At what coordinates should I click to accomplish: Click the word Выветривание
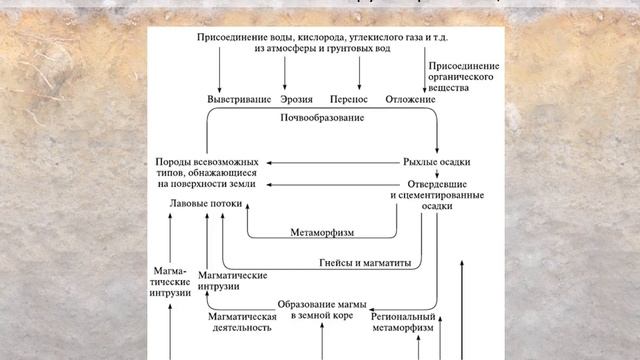click(x=240, y=100)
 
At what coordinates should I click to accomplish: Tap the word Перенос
click(x=348, y=100)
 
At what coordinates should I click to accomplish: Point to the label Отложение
click(x=410, y=100)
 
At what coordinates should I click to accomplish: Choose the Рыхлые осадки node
click(x=436, y=161)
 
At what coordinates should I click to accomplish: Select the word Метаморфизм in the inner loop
click(x=322, y=232)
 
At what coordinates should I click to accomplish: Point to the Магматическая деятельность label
click(x=242, y=321)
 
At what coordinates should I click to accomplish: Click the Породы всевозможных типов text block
click(x=207, y=173)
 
